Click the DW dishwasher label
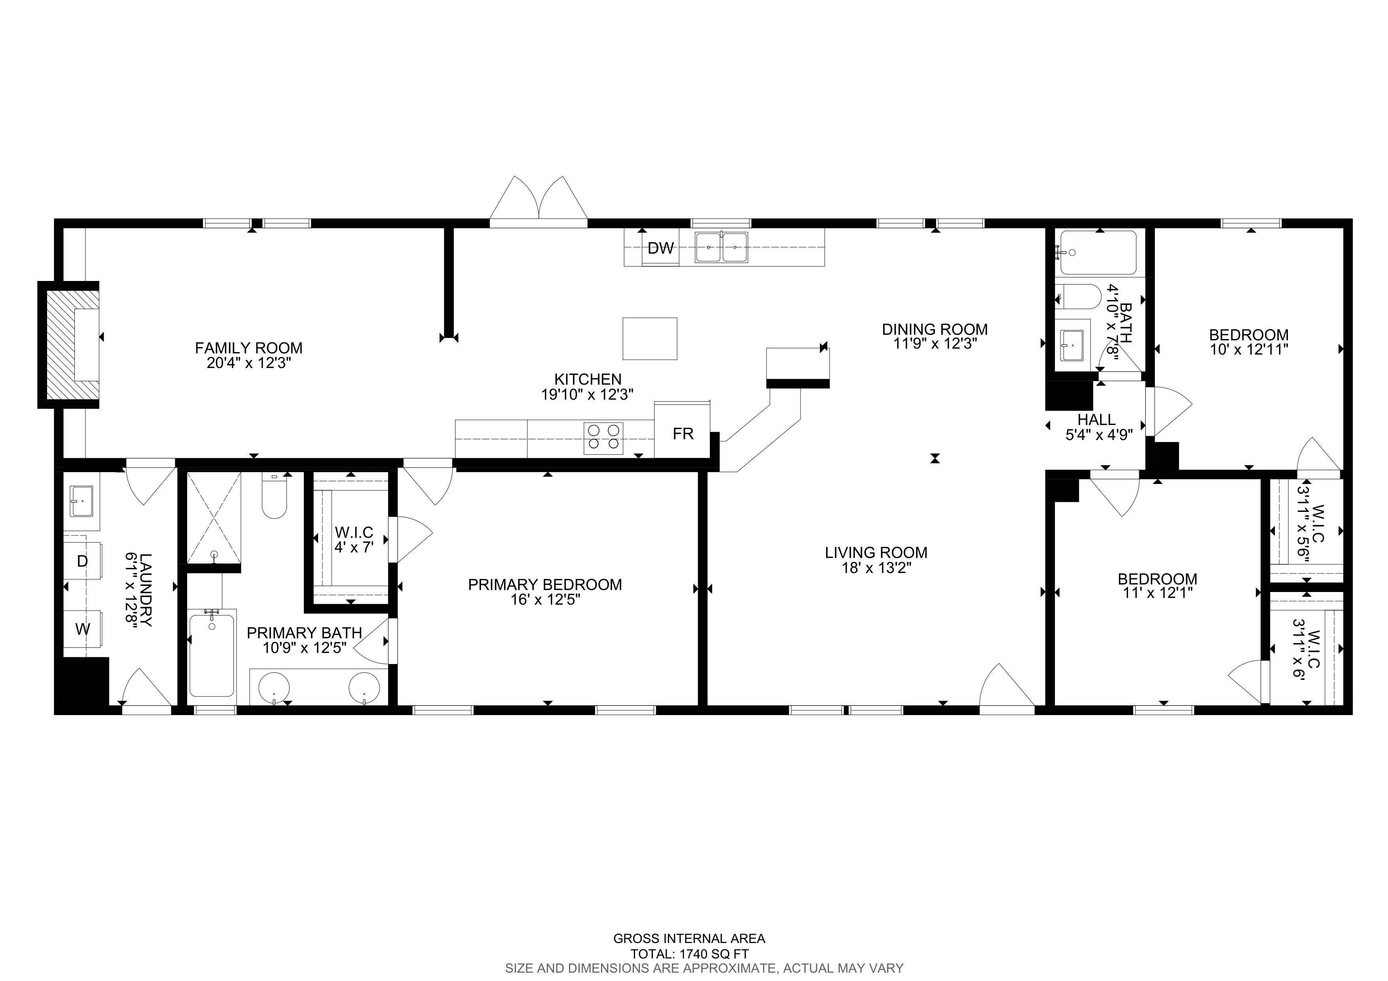661,248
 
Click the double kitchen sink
721,247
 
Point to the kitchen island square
650,338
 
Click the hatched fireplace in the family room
68,345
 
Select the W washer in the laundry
83,629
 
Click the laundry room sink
81,501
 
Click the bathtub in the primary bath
212,655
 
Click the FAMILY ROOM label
248,348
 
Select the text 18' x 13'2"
876,568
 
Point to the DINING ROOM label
935,329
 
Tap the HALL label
1097,419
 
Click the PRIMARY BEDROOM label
545,584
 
